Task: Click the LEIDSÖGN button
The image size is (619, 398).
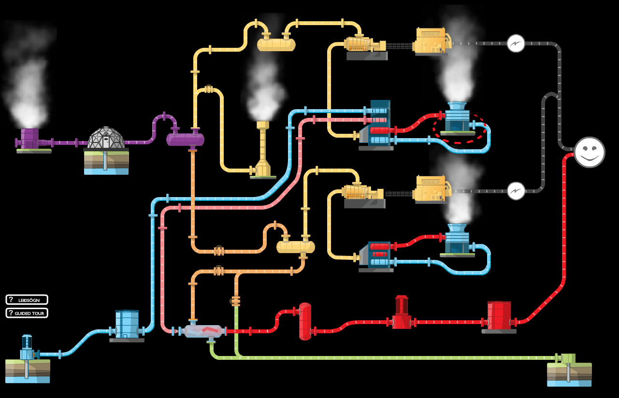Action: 27,299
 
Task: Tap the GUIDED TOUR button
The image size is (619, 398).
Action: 27,313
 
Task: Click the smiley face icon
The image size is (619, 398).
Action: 590,152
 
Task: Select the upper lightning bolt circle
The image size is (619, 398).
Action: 516,43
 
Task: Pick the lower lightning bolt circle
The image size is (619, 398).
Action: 516,191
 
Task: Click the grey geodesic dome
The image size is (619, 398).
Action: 106,138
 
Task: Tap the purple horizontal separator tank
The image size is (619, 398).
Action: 185,139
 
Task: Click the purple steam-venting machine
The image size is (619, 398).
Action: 30,139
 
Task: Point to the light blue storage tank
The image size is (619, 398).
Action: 127,324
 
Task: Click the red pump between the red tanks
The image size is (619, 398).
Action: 402,313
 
